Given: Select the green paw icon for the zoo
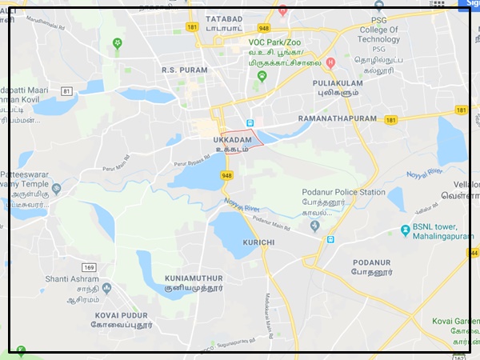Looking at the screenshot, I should [x=262, y=76].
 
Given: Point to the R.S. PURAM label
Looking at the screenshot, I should [x=184, y=70].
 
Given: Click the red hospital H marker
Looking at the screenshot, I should [x=331, y=62].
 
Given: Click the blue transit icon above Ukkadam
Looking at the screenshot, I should [x=250, y=123].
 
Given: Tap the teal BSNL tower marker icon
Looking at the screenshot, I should [x=406, y=230].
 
